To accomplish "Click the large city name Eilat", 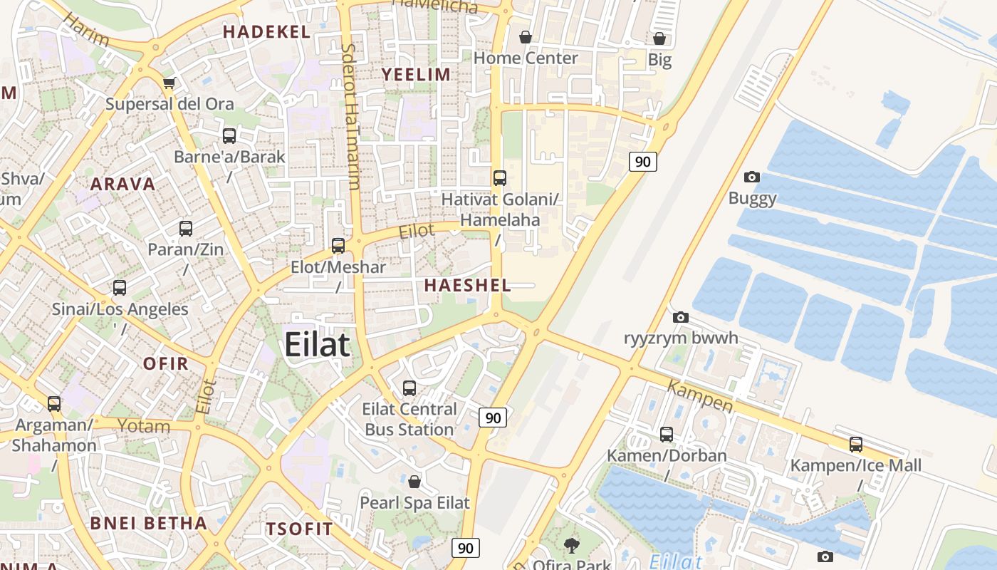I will coord(317,345).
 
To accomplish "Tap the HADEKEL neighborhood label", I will coord(266,31).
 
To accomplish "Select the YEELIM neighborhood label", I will coord(416,75).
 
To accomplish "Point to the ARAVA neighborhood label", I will coord(122,184).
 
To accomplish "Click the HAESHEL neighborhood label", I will coord(468,286).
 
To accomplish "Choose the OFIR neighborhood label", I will coord(166,363).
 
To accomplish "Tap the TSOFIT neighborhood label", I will coord(299,529).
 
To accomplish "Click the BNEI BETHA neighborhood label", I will coord(148,523).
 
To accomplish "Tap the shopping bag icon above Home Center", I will coord(526,37).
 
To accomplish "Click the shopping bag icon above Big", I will coord(659,38).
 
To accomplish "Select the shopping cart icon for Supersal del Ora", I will coord(169,83).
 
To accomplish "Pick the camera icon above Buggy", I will coord(751,177).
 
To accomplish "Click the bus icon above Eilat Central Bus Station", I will coord(409,388).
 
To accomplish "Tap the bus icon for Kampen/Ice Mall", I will coord(856,445).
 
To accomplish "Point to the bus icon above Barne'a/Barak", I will coord(229,136).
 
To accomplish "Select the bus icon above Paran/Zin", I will coord(186,229).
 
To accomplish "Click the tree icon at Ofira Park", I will coord(570,546).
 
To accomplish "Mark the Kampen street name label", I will coord(700,395).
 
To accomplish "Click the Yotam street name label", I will coord(144,426).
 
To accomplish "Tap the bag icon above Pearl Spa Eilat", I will coord(414,482).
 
